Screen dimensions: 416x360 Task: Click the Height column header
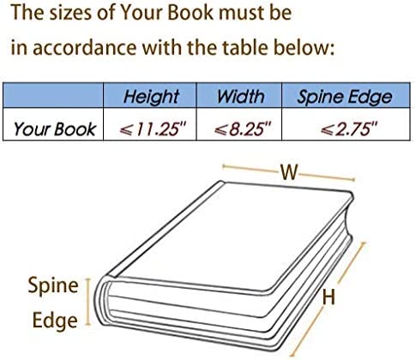point(151,97)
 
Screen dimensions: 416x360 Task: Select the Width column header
point(240,96)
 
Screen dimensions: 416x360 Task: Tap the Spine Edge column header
point(345,97)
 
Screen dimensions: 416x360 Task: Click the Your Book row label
point(55,129)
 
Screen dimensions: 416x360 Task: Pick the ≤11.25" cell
point(153,129)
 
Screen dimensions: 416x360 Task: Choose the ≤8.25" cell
point(243,129)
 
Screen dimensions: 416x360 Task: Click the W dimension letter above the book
point(289,172)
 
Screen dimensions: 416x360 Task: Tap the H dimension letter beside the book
point(329,297)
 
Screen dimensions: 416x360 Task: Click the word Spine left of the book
point(53,285)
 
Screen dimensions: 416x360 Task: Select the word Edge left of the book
point(55,321)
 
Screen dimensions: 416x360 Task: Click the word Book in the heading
point(190,13)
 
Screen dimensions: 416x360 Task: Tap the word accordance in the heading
point(85,47)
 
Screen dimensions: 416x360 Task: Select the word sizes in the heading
point(71,13)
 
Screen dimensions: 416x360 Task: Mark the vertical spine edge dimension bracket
point(88,302)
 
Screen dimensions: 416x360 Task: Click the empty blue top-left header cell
point(53,95)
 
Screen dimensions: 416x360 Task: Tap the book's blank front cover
point(229,234)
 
